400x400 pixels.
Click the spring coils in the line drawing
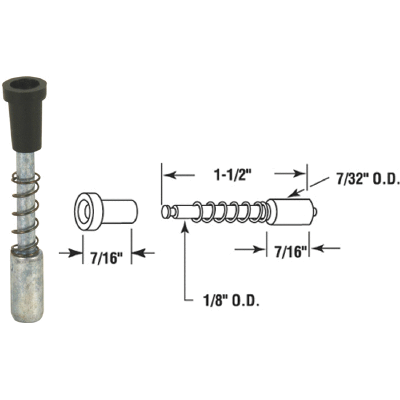click(231, 212)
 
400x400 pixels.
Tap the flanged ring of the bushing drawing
click(87, 211)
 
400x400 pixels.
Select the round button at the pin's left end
click(166, 212)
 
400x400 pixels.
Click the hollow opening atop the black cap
click(24, 82)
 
